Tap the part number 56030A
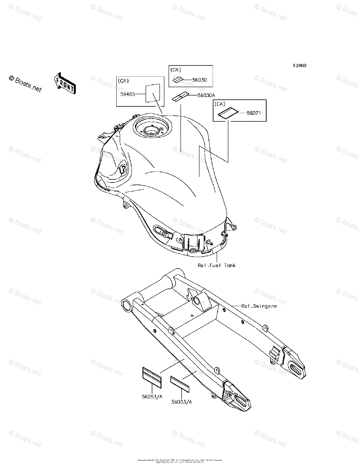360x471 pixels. click(207, 95)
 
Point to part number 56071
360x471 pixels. click(254, 113)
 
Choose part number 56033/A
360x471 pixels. click(182, 402)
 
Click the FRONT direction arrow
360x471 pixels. click(64, 83)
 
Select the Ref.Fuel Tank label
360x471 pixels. click(217, 266)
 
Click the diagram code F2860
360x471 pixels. click(299, 66)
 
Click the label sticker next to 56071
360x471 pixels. click(228, 114)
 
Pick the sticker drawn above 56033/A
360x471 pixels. click(180, 383)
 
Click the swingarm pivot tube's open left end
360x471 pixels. click(127, 305)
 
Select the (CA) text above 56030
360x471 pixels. click(176, 70)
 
